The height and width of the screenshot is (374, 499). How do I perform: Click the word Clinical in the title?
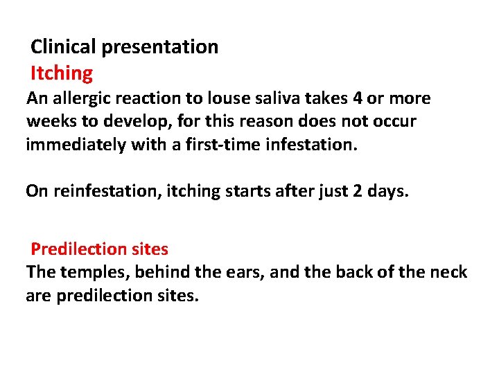[64, 47]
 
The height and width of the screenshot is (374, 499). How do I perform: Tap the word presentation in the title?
[160, 47]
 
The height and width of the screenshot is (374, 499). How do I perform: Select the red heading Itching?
[62, 73]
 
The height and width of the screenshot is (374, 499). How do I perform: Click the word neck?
[451, 272]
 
